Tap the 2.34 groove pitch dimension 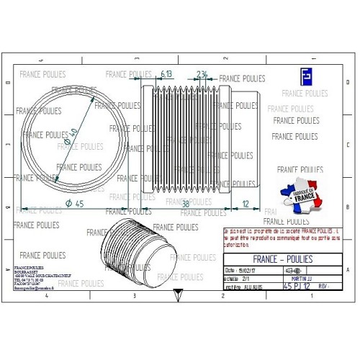202,74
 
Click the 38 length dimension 186,204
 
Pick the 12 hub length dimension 246,204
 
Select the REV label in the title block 325,286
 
